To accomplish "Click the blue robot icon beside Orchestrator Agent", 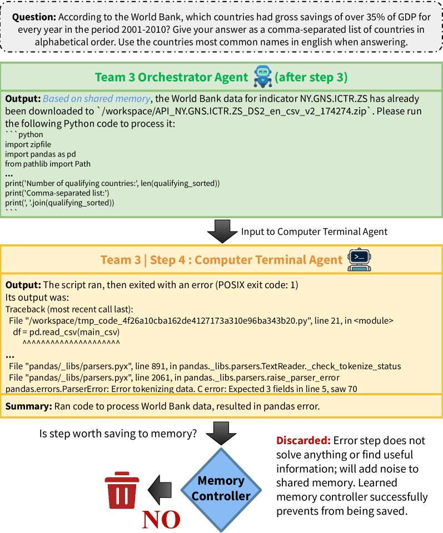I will [262, 76].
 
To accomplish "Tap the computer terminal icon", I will [359, 259].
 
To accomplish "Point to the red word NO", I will [161, 519].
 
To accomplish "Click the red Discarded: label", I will [303, 441].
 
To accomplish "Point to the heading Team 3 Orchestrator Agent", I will [171, 77].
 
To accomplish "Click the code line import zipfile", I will [25, 144].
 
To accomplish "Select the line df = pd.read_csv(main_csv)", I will [66, 332].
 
